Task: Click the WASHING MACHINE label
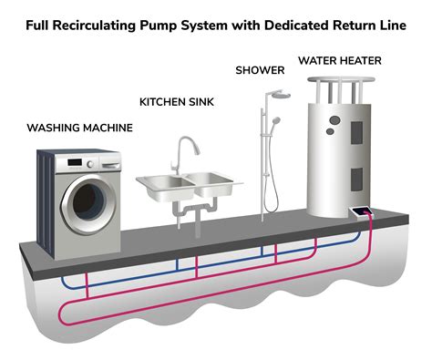click(78, 128)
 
